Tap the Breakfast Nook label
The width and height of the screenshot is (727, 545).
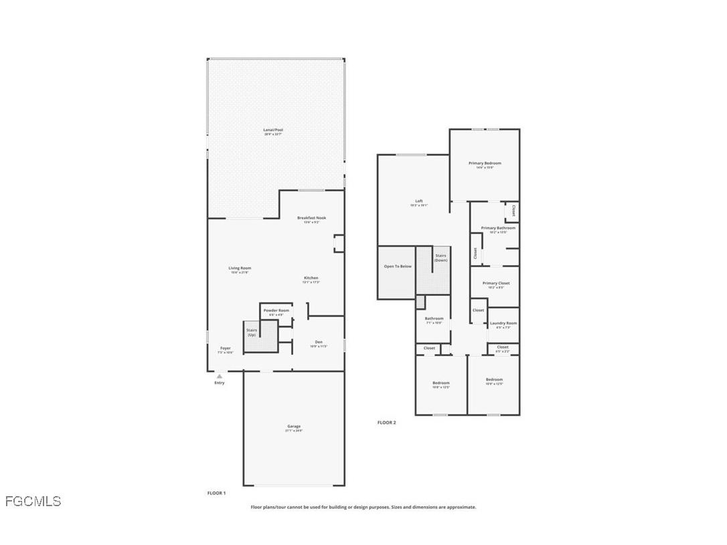pyautogui.click(x=311, y=218)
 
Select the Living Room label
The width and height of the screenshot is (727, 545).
pyautogui.click(x=240, y=268)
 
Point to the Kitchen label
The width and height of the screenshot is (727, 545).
pyautogui.click(x=311, y=278)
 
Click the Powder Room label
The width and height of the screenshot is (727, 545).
pyautogui.click(x=276, y=311)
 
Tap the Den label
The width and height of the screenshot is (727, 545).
pyautogui.click(x=319, y=342)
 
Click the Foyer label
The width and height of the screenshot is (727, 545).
pyautogui.click(x=226, y=348)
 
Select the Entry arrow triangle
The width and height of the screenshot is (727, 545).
pyautogui.click(x=219, y=376)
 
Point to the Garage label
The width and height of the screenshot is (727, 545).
pyautogui.click(x=294, y=426)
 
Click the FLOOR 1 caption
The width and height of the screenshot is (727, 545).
pyautogui.click(x=216, y=493)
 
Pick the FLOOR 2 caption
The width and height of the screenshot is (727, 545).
pyautogui.click(x=386, y=422)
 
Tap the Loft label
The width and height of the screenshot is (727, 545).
pyautogui.click(x=419, y=201)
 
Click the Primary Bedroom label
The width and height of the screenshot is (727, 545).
pyautogui.click(x=485, y=163)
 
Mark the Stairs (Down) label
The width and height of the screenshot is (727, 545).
pyautogui.click(x=440, y=257)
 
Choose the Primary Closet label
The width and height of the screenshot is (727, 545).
pyautogui.click(x=496, y=283)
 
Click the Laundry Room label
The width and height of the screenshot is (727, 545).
pyautogui.click(x=503, y=323)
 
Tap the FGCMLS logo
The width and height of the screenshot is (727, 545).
pyautogui.click(x=33, y=501)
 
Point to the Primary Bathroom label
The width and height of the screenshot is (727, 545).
pyautogui.click(x=498, y=228)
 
